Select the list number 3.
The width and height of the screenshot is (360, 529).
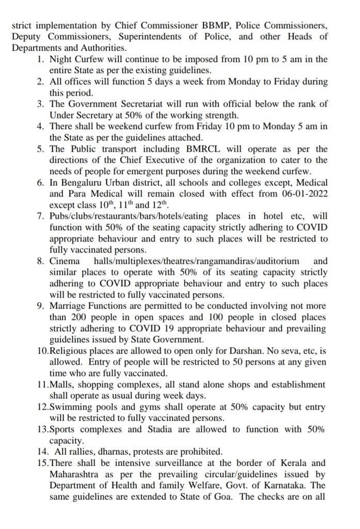(40, 104)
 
